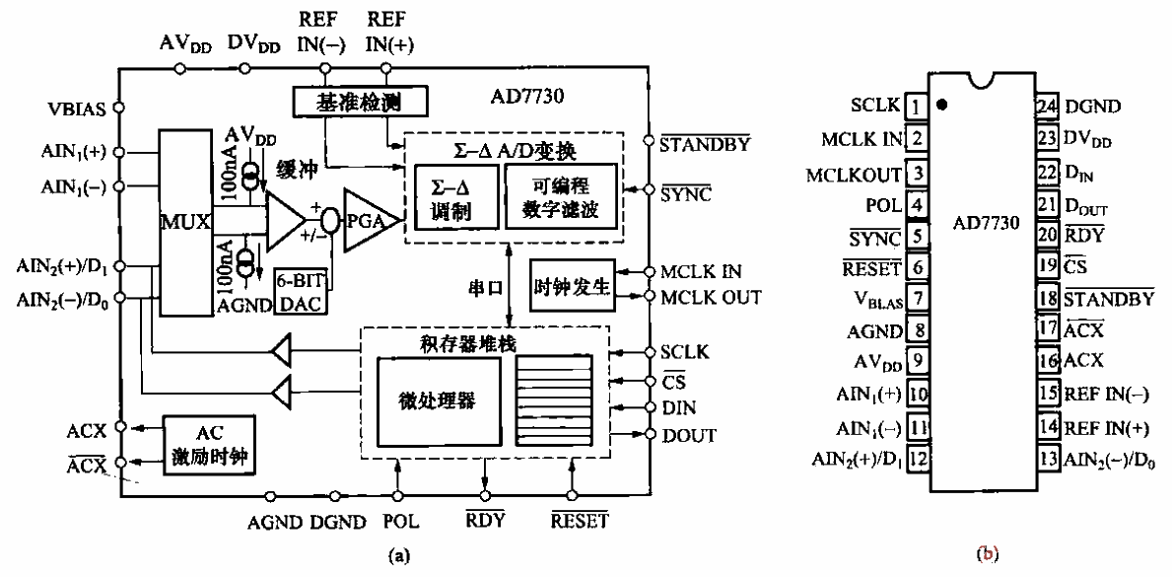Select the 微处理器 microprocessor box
439,399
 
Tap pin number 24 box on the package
1045,106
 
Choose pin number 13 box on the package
1045,459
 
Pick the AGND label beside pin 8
877,332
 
